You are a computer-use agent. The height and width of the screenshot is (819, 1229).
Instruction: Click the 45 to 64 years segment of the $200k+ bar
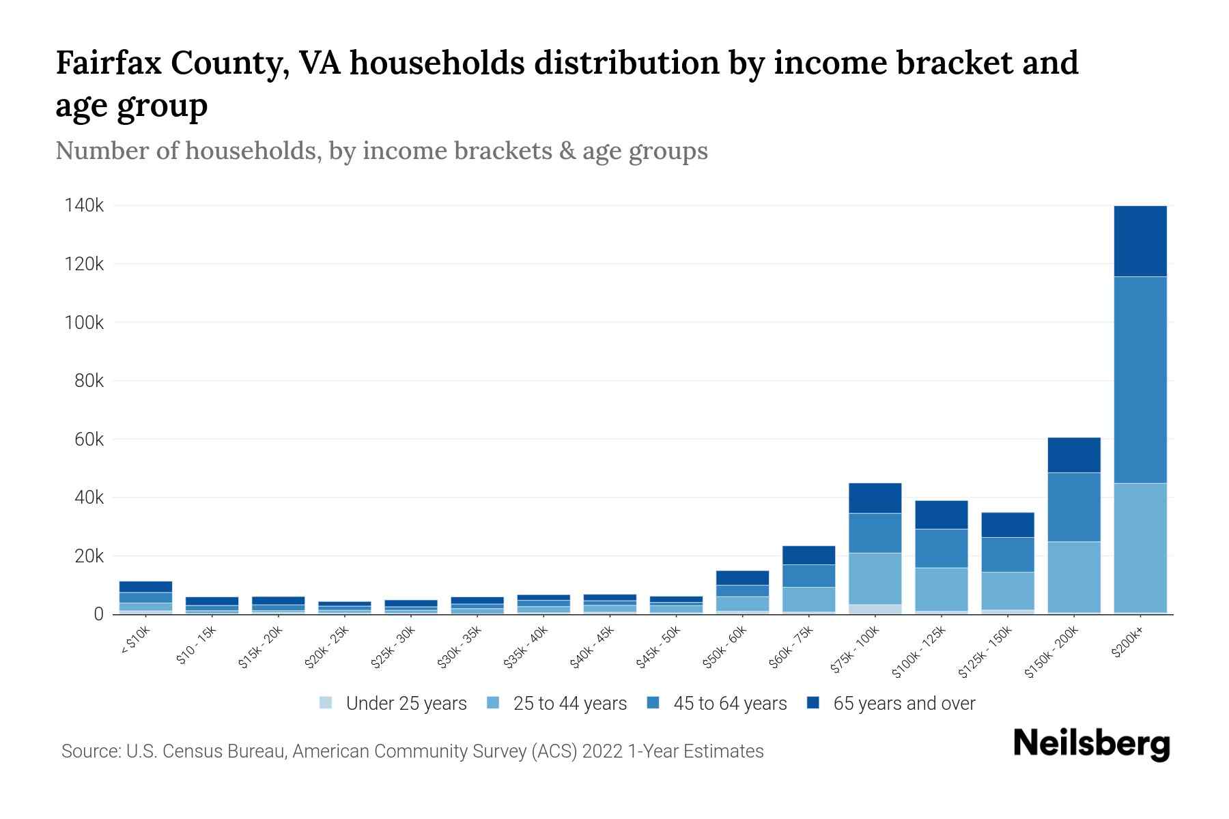pyautogui.click(x=1140, y=379)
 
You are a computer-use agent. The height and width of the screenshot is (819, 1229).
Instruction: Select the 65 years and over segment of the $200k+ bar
pyautogui.click(x=1140, y=241)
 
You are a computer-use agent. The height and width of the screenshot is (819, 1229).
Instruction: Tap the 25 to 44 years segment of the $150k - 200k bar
pyautogui.click(x=1074, y=577)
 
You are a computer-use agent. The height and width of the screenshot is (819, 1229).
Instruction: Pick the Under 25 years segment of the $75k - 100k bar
pyautogui.click(x=875, y=609)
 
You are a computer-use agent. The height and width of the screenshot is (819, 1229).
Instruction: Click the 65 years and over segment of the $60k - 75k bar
pyautogui.click(x=809, y=555)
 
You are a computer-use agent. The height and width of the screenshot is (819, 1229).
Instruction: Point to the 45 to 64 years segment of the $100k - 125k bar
pyautogui.click(x=942, y=548)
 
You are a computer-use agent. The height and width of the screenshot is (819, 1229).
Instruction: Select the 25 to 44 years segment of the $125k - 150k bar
pyautogui.click(x=1008, y=590)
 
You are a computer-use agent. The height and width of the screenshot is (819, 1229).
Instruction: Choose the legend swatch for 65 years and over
pyautogui.click(x=813, y=703)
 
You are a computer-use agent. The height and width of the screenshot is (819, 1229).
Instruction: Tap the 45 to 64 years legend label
pyautogui.click(x=730, y=704)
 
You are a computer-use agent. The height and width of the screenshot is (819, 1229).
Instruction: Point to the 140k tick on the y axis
pyautogui.click(x=84, y=205)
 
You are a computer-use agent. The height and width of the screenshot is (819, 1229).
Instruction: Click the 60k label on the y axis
pyautogui.click(x=89, y=439)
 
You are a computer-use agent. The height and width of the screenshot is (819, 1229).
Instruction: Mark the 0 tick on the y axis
pyautogui.click(x=99, y=614)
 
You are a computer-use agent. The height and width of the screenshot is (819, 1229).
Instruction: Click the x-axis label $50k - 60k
pyautogui.click(x=725, y=647)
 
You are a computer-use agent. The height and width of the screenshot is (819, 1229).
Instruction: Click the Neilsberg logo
pyautogui.click(x=1091, y=744)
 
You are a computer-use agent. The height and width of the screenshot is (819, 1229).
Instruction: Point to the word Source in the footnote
pyautogui.click(x=89, y=751)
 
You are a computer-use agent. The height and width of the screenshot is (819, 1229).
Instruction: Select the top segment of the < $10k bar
pyautogui.click(x=145, y=587)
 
